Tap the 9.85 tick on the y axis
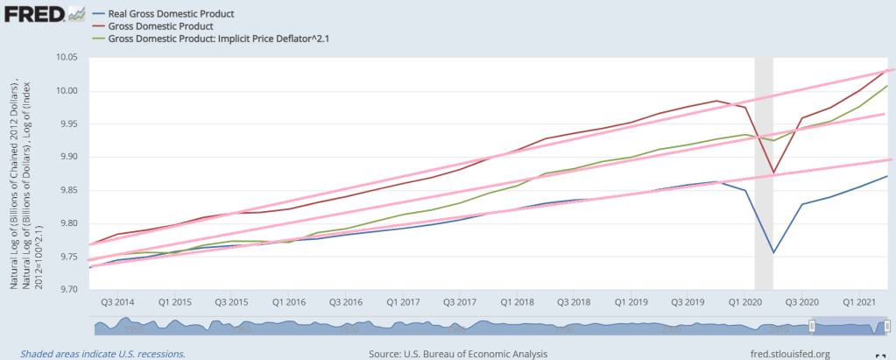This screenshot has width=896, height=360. (67, 189)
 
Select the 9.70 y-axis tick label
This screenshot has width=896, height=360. (67, 289)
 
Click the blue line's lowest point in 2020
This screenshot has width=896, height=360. (773, 252)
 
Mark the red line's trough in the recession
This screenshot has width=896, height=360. (773, 173)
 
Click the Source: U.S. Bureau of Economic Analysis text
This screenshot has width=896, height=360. (459, 353)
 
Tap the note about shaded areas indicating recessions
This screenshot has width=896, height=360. (96, 353)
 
